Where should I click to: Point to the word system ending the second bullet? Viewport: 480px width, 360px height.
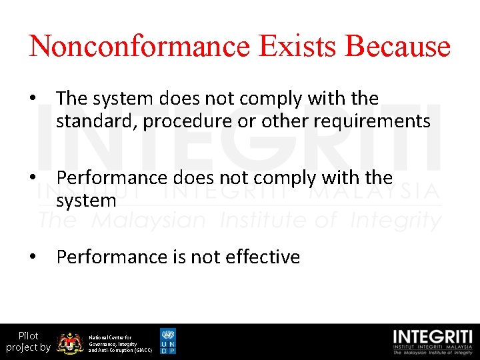[x=87, y=201]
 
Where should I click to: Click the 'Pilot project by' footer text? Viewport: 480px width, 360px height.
[x=28, y=341]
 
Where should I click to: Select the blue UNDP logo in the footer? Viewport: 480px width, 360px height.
[x=168, y=341]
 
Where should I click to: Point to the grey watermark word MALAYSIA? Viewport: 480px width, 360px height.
[x=380, y=193]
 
